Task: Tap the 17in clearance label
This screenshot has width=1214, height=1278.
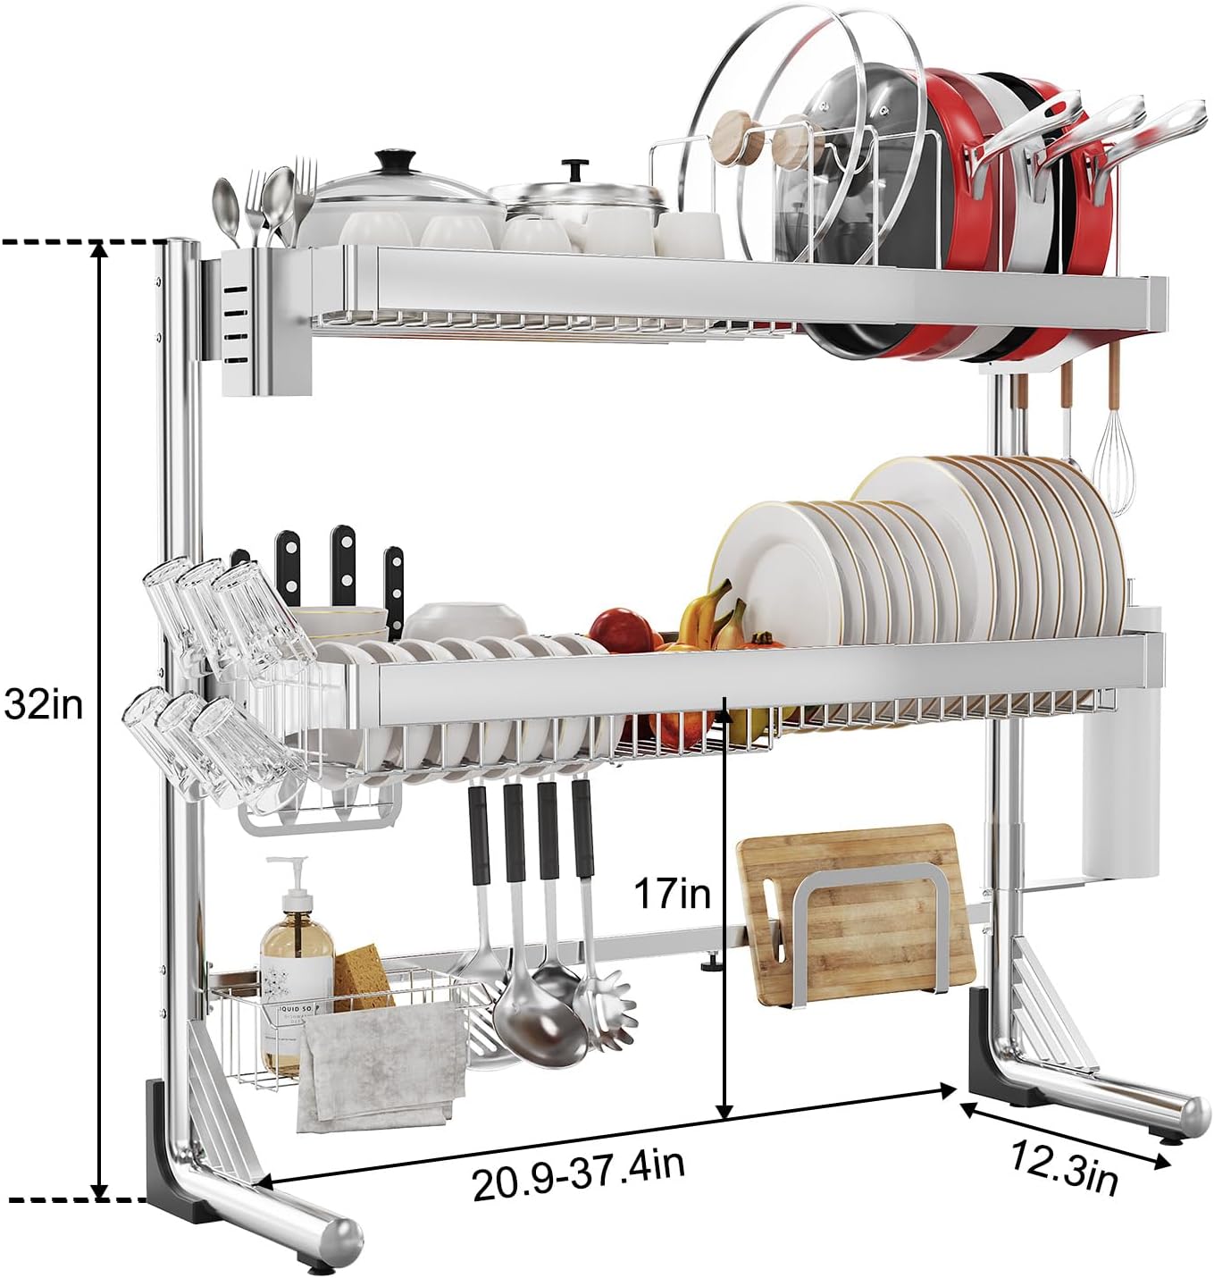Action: pyautogui.click(x=672, y=892)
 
